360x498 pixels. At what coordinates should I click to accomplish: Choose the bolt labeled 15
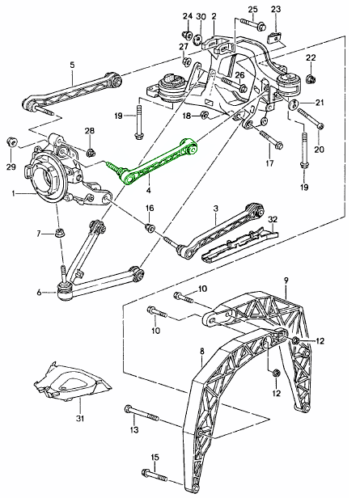pos(165,477)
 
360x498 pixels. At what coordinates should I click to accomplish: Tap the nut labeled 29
pos(11,142)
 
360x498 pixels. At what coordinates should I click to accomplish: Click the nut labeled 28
pos(90,150)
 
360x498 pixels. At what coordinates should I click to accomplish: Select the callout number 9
pos(286,281)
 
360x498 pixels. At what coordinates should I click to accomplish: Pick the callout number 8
pos(201,352)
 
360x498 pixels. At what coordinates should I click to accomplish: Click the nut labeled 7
pos(60,234)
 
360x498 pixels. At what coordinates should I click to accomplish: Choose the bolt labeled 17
pos(269,146)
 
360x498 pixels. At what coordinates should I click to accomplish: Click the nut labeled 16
pos(150,227)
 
